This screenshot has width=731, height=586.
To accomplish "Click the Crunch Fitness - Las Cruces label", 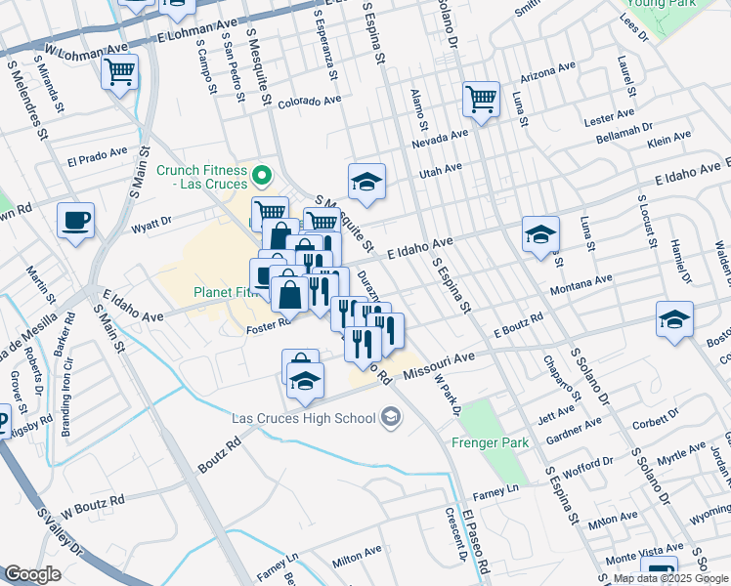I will click(199, 177).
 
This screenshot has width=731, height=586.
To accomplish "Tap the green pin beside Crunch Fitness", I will click(261, 177).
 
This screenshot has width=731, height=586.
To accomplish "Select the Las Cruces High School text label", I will click(303, 419).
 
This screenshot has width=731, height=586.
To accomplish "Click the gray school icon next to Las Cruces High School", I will click(391, 418).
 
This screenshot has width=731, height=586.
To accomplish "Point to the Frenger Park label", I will click(490, 442).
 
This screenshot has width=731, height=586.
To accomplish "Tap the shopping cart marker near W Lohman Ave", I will click(119, 71).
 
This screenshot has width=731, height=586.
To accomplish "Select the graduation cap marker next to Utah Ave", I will click(367, 182).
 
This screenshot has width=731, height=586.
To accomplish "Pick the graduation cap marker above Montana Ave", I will click(540, 234).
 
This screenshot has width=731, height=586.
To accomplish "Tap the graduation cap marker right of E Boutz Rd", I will click(674, 319).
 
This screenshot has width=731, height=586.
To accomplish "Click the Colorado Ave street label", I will click(309, 102).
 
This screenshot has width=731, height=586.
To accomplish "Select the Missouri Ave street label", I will click(438, 363).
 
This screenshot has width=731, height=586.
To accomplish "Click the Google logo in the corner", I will click(32, 573).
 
